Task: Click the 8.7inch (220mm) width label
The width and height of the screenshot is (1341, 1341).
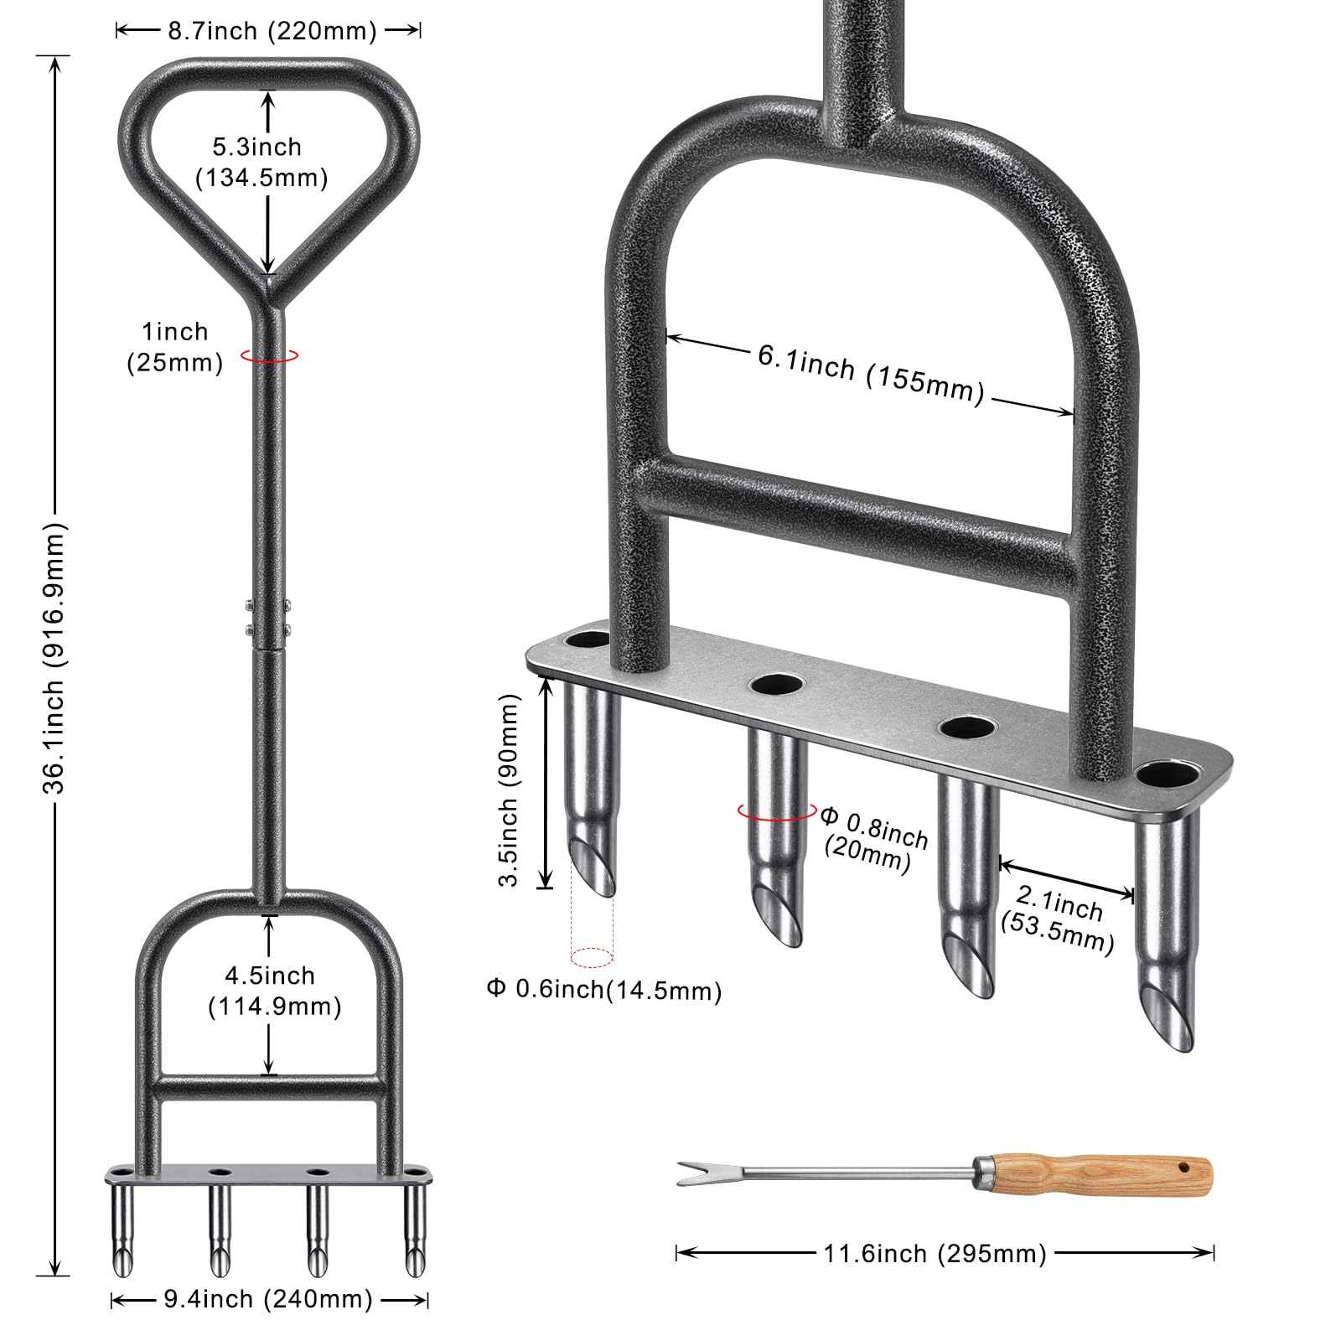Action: [x=272, y=31]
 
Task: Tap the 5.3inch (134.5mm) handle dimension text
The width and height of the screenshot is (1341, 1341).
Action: [x=261, y=162]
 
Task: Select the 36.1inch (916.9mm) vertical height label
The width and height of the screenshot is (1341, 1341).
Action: [x=54, y=658]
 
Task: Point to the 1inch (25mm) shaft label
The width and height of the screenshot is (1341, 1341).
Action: [x=174, y=346]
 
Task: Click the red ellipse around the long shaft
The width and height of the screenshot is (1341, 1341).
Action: [x=269, y=355]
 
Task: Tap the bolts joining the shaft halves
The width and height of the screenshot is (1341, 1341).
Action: [x=268, y=618]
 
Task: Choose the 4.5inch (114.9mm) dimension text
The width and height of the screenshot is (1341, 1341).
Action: [x=274, y=991]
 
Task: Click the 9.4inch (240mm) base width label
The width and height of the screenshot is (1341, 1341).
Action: [x=268, y=1299]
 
